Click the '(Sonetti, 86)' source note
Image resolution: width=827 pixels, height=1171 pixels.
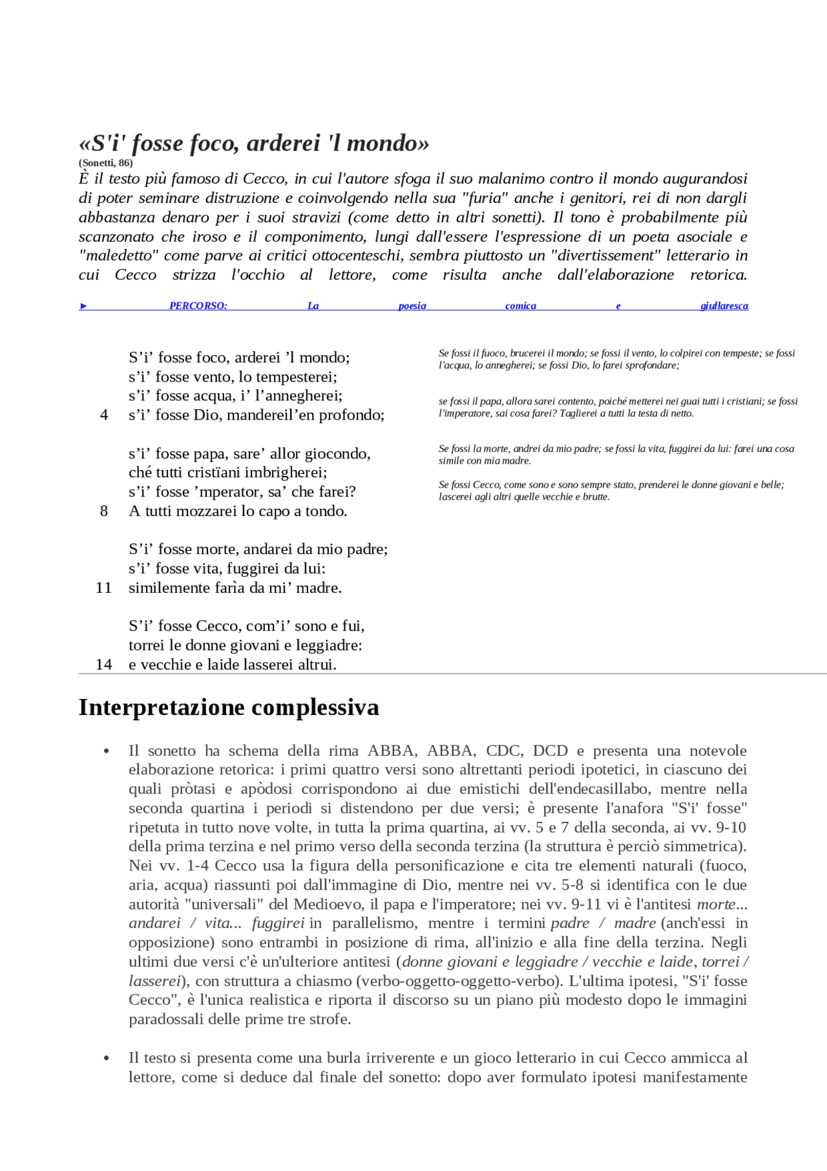tap(105, 163)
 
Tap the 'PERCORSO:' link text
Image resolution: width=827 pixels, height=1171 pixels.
tap(198, 306)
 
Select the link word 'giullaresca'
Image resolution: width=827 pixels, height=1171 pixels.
tap(724, 306)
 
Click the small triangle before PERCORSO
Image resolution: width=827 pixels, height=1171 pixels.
tap(83, 306)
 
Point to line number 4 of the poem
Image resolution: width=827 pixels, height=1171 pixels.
tap(104, 415)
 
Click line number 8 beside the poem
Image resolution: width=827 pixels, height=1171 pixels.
tap(104, 511)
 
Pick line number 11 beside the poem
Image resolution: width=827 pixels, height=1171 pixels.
tap(103, 588)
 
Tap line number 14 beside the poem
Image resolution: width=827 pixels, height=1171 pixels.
tap(103, 665)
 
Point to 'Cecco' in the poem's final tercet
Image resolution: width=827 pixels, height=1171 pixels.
tap(218, 626)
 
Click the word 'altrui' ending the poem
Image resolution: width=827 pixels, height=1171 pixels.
tap(317, 665)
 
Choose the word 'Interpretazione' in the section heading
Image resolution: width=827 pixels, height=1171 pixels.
tap(162, 707)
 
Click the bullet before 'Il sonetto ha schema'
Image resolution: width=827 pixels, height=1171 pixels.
tap(106, 751)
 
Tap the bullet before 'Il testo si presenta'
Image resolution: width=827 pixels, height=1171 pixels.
tap(106, 1058)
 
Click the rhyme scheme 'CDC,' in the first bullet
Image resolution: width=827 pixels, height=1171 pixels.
tap(506, 751)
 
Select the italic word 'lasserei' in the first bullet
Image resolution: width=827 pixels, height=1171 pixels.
tap(154, 982)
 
